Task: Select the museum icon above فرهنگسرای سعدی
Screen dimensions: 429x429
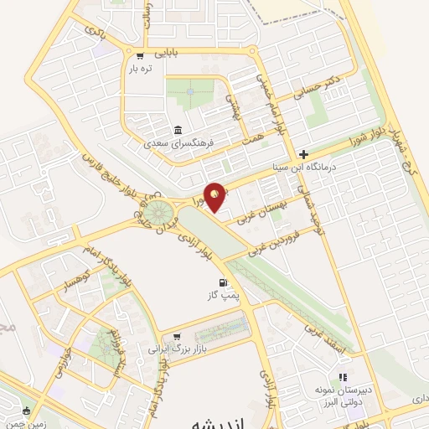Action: tap(178, 130)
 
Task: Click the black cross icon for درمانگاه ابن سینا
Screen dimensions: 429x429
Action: tap(303, 154)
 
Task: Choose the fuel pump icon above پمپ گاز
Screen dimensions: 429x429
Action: tap(222, 282)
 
